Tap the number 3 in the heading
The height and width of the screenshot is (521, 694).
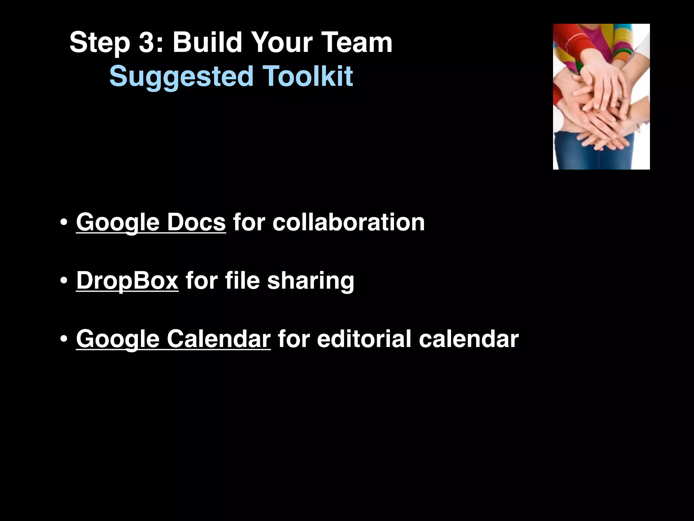point(147,42)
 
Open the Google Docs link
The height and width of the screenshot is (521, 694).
point(151,223)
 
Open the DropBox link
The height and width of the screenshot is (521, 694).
point(127,281)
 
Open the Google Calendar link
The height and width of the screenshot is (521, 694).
point(173,339)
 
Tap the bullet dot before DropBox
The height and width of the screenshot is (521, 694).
point(63,281)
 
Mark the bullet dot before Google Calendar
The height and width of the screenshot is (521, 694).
point(63,340)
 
